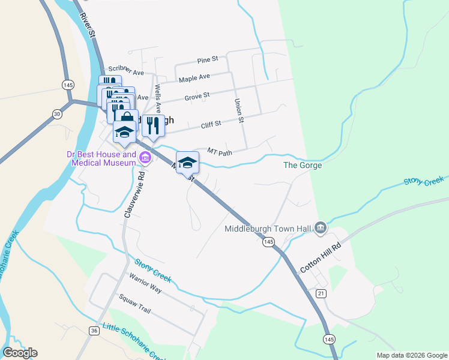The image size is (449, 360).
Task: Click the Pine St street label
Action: [x=207, y=61]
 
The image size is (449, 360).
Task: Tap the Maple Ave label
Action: [x=194, y=78]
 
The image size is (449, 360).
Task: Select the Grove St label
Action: [x=197, y=95]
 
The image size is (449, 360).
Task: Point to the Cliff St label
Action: [x=211, y=124]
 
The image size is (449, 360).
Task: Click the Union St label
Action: [x=239, y=111]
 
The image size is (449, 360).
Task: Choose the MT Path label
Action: [x=219, y=152]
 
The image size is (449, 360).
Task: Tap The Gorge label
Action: [x=303, y=165]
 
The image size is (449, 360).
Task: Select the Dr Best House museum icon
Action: [x=145, y=158]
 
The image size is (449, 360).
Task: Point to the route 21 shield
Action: [x=321, y=293]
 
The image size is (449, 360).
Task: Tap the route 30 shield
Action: [x=56, y=113]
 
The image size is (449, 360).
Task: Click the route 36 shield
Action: [x=94, y=331]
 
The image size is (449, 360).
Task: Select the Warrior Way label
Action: [x=145, y=283]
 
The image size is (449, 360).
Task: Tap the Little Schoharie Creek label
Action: [x=133, y=340]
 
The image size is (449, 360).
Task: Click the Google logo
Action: [x=20, y=353]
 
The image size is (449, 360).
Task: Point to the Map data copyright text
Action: [x=411, y=355]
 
